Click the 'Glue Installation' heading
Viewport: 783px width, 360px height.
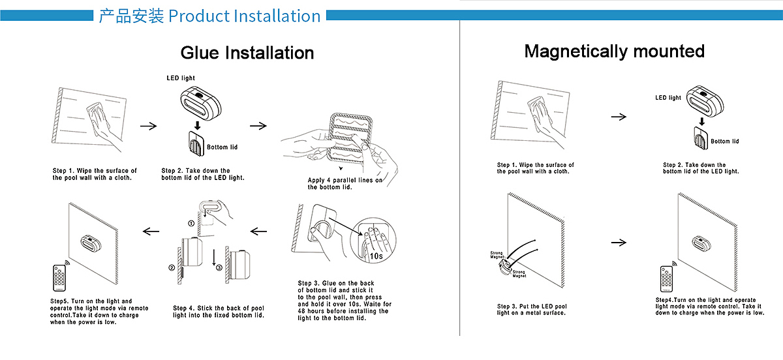(247, 53)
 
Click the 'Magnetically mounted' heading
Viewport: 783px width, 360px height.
(614, 52)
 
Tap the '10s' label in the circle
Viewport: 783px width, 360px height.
(376, 256)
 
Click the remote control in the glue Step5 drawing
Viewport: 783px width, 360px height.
(59, 278)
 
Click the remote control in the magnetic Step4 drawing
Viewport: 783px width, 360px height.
(666, 278)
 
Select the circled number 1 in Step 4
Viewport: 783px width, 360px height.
(191, 223)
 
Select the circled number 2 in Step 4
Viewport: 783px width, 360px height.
(172, 268)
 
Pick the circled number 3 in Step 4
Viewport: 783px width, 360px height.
(219, 268)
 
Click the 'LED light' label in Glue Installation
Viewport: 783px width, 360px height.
(181, 78)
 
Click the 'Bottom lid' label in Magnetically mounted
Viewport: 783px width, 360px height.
(725, 142)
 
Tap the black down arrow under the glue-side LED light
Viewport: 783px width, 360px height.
(198, 125)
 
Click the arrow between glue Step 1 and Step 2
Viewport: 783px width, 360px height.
(149, 126)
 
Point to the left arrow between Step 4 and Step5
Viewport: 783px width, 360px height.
(151, 232)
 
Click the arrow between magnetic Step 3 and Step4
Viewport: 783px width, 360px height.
(619, 243)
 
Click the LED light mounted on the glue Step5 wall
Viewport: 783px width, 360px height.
(91, 243)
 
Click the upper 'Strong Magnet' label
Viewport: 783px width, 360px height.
(497, 255)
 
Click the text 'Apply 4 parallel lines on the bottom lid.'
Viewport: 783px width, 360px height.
(345, 183)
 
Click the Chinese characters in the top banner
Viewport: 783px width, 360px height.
(131, 16)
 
